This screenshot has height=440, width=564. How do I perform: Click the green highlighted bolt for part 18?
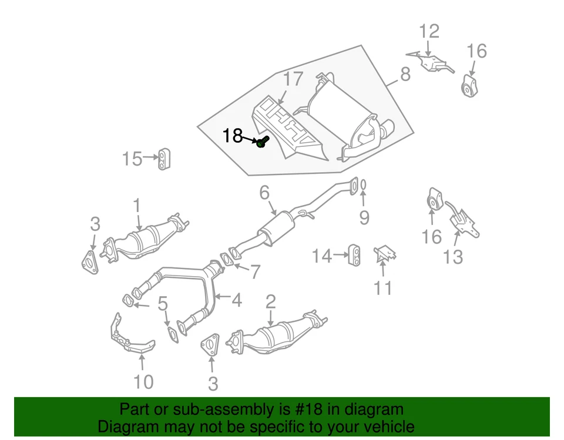click(x=263, y=142)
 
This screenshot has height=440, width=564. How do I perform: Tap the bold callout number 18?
click(x=232, y=136)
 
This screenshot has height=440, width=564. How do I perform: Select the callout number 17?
click(x=293, y=79)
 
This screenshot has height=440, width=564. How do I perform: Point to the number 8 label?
click(x=405, y=75)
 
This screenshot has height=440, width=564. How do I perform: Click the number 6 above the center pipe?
click(x=264, y=192)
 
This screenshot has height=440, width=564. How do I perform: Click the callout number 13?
click(x=452, y=257)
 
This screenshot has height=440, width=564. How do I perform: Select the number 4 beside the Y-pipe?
click(x=236, y=301)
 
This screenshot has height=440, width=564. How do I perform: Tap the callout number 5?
click(x=163, y=304)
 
